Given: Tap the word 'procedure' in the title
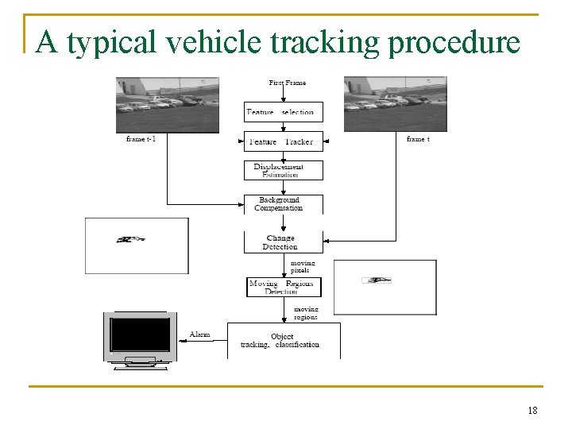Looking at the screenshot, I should pos(454,43).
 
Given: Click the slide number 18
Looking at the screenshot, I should pos(532,410).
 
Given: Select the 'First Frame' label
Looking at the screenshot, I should pos(287,83).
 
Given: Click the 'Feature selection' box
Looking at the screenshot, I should pos(284,111).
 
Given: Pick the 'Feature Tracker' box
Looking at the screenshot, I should pos(284,141).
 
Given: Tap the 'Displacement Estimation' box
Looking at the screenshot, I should pos(284,170).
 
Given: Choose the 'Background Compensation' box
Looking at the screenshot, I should pos(284,204).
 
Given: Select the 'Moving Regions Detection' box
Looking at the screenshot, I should pos(284,287).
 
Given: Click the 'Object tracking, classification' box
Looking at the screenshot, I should pos(284,340).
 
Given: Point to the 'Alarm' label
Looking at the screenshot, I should pos(199,334).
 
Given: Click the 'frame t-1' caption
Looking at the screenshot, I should pos(141,139).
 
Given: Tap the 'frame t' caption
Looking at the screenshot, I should pos(418,139).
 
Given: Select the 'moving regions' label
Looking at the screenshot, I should pos(306,313).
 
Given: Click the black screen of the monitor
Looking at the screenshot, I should pos(141,334).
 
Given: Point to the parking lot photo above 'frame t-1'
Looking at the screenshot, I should pos(167,103).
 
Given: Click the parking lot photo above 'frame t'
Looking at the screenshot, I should pos(395,103).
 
